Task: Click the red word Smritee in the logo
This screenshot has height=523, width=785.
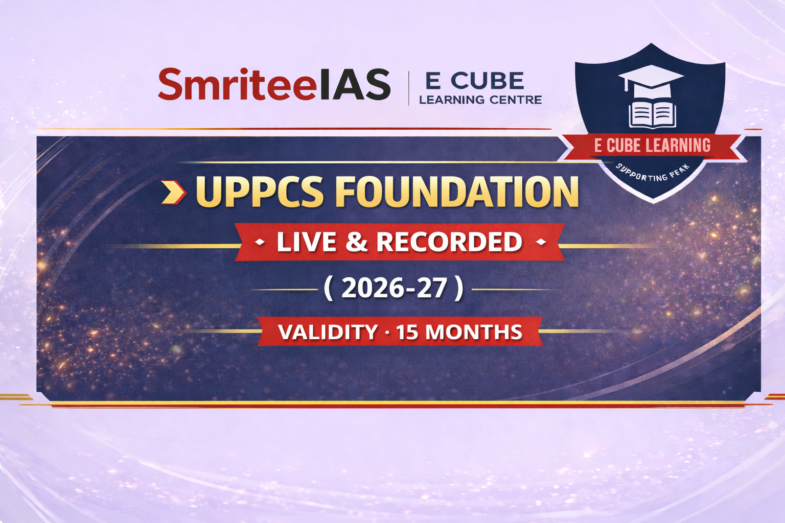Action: tap(238, 84)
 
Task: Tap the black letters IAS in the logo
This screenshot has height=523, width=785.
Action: tap(355, 84)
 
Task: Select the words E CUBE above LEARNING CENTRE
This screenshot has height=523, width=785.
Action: tap(474, 81)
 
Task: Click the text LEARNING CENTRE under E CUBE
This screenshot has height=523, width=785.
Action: tap(480, 100)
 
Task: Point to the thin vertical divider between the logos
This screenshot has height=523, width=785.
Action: tap(409, 88)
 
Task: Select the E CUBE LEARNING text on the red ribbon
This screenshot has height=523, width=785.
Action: tap(652, 146)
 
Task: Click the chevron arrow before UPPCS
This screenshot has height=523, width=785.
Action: tap(173, 192)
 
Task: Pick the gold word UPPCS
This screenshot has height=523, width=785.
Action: tap(260, 192)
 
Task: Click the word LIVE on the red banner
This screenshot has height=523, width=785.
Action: tap(306, 242)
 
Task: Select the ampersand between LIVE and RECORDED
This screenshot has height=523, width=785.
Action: tap(356, 242)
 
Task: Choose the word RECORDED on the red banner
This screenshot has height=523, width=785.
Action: tap(450, 242)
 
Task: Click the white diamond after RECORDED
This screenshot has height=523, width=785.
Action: tap(541, 242)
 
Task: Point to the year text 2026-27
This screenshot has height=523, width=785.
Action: tap(394, 288)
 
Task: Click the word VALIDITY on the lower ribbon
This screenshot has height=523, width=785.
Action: tap(328, 332)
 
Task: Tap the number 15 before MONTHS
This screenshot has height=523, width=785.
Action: tap(408, 332)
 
